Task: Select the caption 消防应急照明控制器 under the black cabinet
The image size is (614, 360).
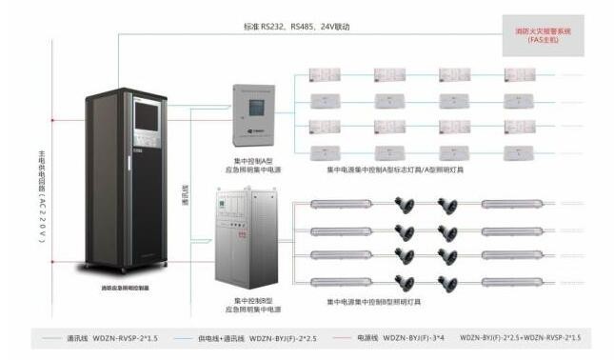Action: coord(128,286)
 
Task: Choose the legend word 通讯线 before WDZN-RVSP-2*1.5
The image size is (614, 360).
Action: coord(78,337)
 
